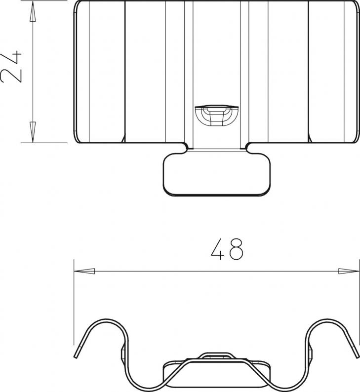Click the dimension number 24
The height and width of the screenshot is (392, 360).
pyautogui.click(x=11, y=67)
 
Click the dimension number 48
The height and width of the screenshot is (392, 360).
pyautogui.click(x=227, y=249)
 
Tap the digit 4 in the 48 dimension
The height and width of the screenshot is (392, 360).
pyautogui.click(x=217, y=249)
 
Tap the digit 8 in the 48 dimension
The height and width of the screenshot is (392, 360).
pyautogui.click(x=236, y=249)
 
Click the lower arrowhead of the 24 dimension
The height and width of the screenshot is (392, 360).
pyautogui.click(x=33, y=132)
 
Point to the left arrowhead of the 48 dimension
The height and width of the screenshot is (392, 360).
pyautogui.click(x=84, y=271)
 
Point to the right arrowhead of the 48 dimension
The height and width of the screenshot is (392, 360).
pyautogui.click(x=349, y=271)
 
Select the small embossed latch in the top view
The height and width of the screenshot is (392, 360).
pyautogui.click(x=216, y=115)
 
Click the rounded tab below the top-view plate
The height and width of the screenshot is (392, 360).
pyautogui.click(x=216, y=174)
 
